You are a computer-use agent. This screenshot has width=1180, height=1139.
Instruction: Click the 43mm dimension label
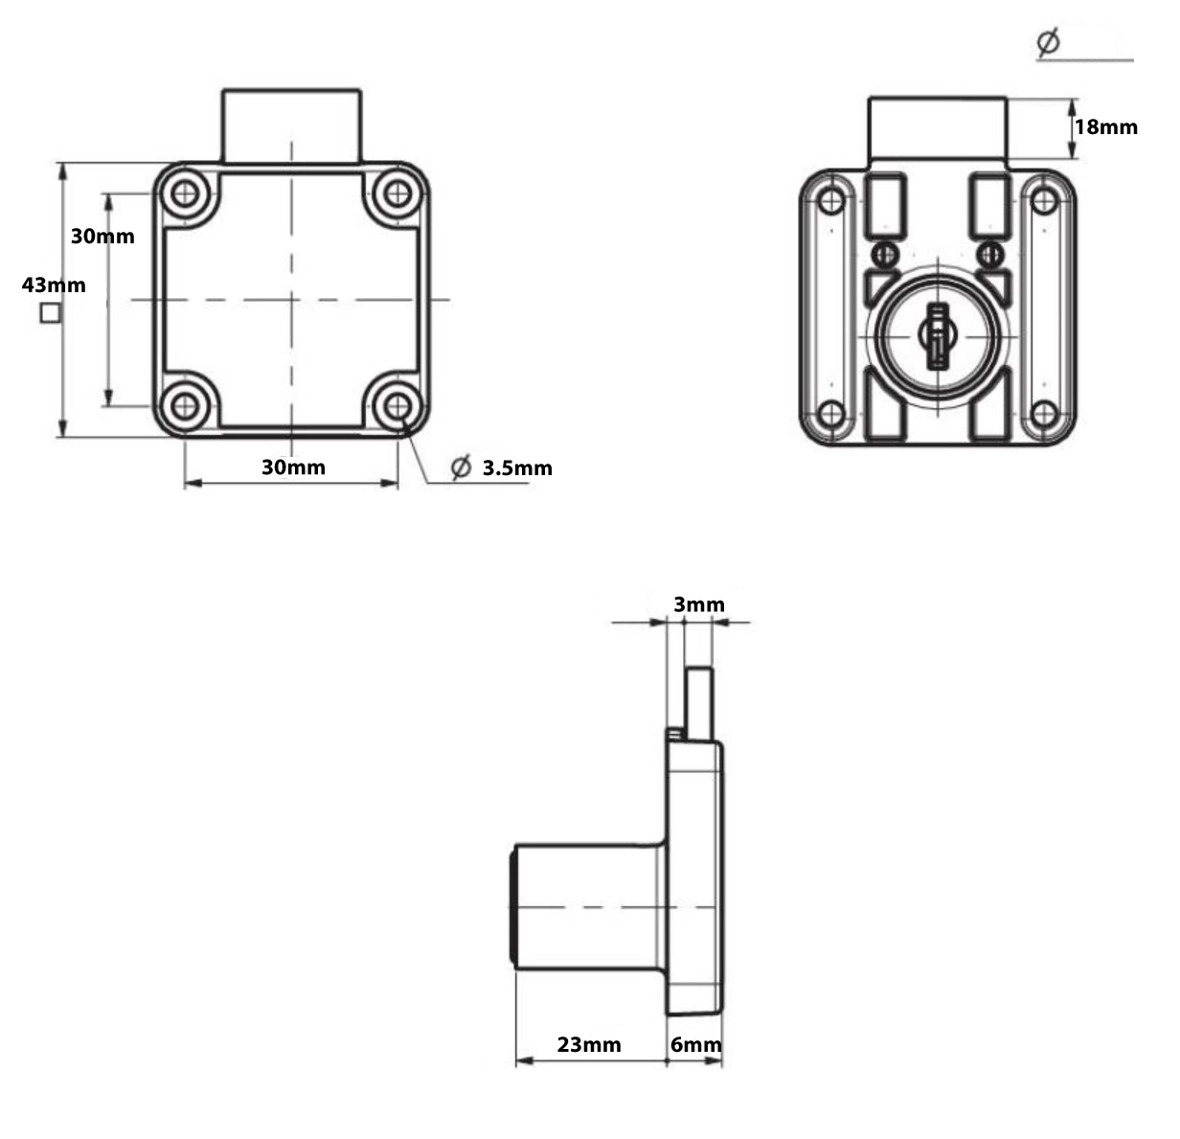coord(54,285)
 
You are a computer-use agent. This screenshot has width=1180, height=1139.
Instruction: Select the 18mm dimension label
coord(1106,127)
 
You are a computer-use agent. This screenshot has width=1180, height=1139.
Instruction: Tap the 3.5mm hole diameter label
coord(517,468)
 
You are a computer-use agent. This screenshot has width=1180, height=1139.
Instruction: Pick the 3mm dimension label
coord(699,604)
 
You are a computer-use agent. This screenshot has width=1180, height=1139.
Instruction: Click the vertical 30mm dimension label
coord(102,236)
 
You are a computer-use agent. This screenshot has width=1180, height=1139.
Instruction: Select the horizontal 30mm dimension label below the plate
coord(293,467)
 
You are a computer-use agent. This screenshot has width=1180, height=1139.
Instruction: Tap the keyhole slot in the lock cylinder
coord(938,335)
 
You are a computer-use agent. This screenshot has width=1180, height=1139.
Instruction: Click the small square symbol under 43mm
coord(51,313)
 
